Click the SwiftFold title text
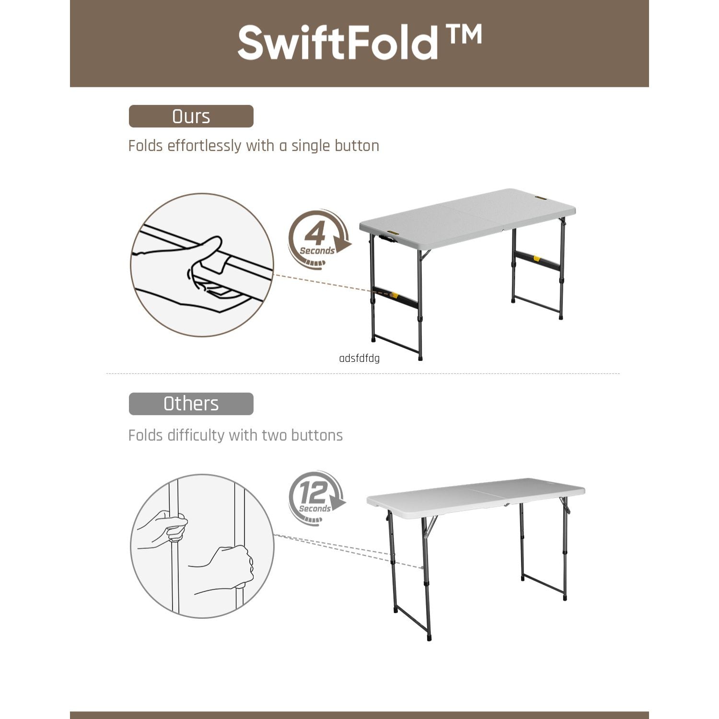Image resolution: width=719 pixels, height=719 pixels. (337, 43)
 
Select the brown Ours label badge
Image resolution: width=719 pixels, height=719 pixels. (191, 116)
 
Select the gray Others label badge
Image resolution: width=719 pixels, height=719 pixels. (191, 404)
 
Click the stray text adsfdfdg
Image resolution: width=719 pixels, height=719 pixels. (359, 359)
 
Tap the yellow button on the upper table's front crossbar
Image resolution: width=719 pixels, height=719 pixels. (394, 294)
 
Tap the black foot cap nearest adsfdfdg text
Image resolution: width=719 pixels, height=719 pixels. (420, 357)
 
